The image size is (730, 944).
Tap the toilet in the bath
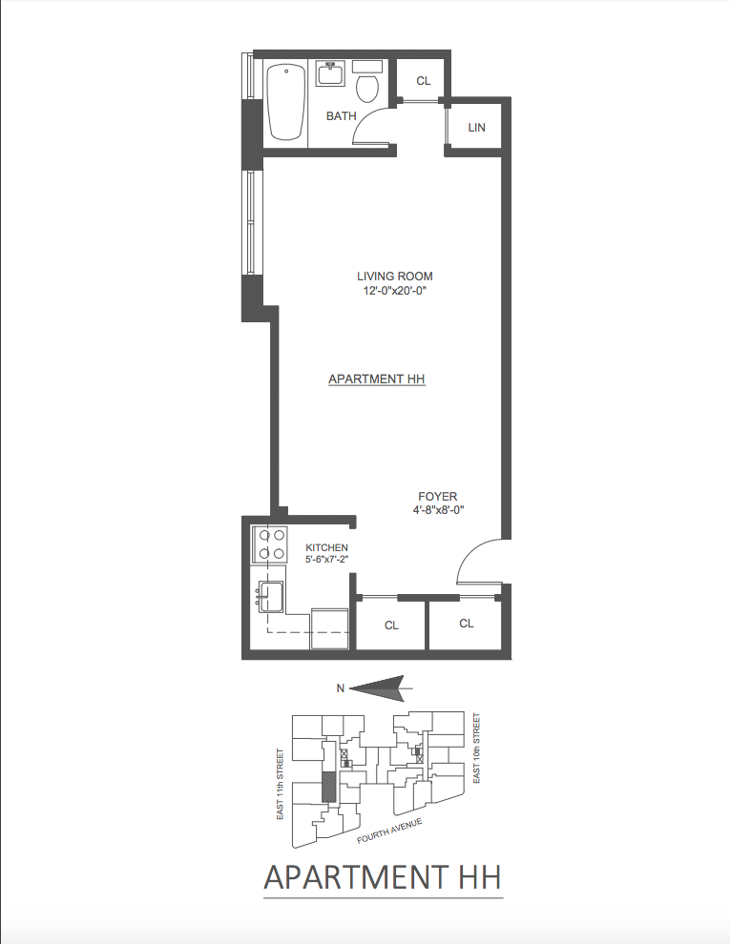[366, 85]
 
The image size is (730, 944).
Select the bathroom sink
[331, 74]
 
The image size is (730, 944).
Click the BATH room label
[341, 116]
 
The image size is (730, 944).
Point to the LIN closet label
[477, 127]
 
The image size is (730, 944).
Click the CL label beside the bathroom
[424, 81]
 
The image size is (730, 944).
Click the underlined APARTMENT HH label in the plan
[376, 379]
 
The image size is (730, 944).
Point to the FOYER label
[437, 496]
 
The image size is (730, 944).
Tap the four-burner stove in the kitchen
[269, 544]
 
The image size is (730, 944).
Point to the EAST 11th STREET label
[280, 783]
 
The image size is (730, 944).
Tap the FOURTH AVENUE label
[389, 830]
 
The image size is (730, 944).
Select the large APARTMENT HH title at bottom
[383, 876]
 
